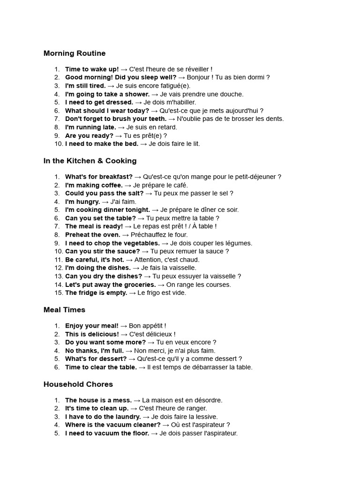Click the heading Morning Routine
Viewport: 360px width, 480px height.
tap(75, 53)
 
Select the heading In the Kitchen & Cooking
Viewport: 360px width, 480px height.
tap(90, 161)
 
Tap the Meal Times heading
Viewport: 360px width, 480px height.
tap(64, 310)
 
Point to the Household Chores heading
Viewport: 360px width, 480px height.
tap(78, 384)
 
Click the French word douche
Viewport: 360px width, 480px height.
tap(232, 94)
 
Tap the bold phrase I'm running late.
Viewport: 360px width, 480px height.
tap(90, 127)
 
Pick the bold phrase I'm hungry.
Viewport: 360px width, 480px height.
tap(82, 202)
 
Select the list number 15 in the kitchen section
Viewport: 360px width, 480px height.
tap(58, 293)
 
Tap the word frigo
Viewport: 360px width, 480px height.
tap(150, 293)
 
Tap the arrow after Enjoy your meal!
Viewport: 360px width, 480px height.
tap(124, 326)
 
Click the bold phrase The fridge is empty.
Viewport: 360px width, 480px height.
tap(96, 293)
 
